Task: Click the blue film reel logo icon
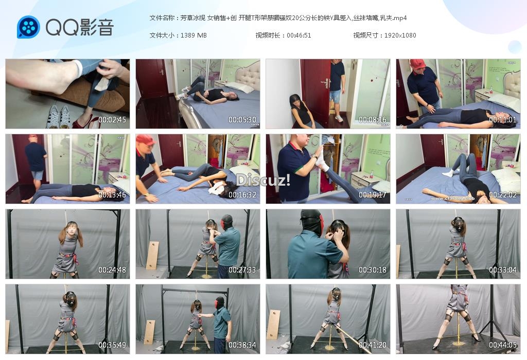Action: (28, 27)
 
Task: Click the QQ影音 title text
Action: (80, 27)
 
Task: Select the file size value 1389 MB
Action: (194, 35)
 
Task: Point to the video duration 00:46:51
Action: (299, 35)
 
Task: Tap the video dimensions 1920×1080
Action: (400, 35)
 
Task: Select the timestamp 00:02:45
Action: (112, 119)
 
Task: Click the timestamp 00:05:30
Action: (242, 119)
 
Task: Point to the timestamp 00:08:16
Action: (373, 119)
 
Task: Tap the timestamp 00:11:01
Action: (502, 119)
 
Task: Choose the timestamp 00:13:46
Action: (112, 195)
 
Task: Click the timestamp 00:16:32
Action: (242, 195)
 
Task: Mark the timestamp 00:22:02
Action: (502, 195)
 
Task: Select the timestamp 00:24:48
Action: (112, 270)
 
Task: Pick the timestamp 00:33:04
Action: (502, 270)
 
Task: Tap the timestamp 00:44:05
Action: (502, 345)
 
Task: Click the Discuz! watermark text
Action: (263, 181)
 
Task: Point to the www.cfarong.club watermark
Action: (453, 199)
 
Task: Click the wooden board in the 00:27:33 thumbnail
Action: (153, 256)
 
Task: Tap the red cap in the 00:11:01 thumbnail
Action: (418, 63)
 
